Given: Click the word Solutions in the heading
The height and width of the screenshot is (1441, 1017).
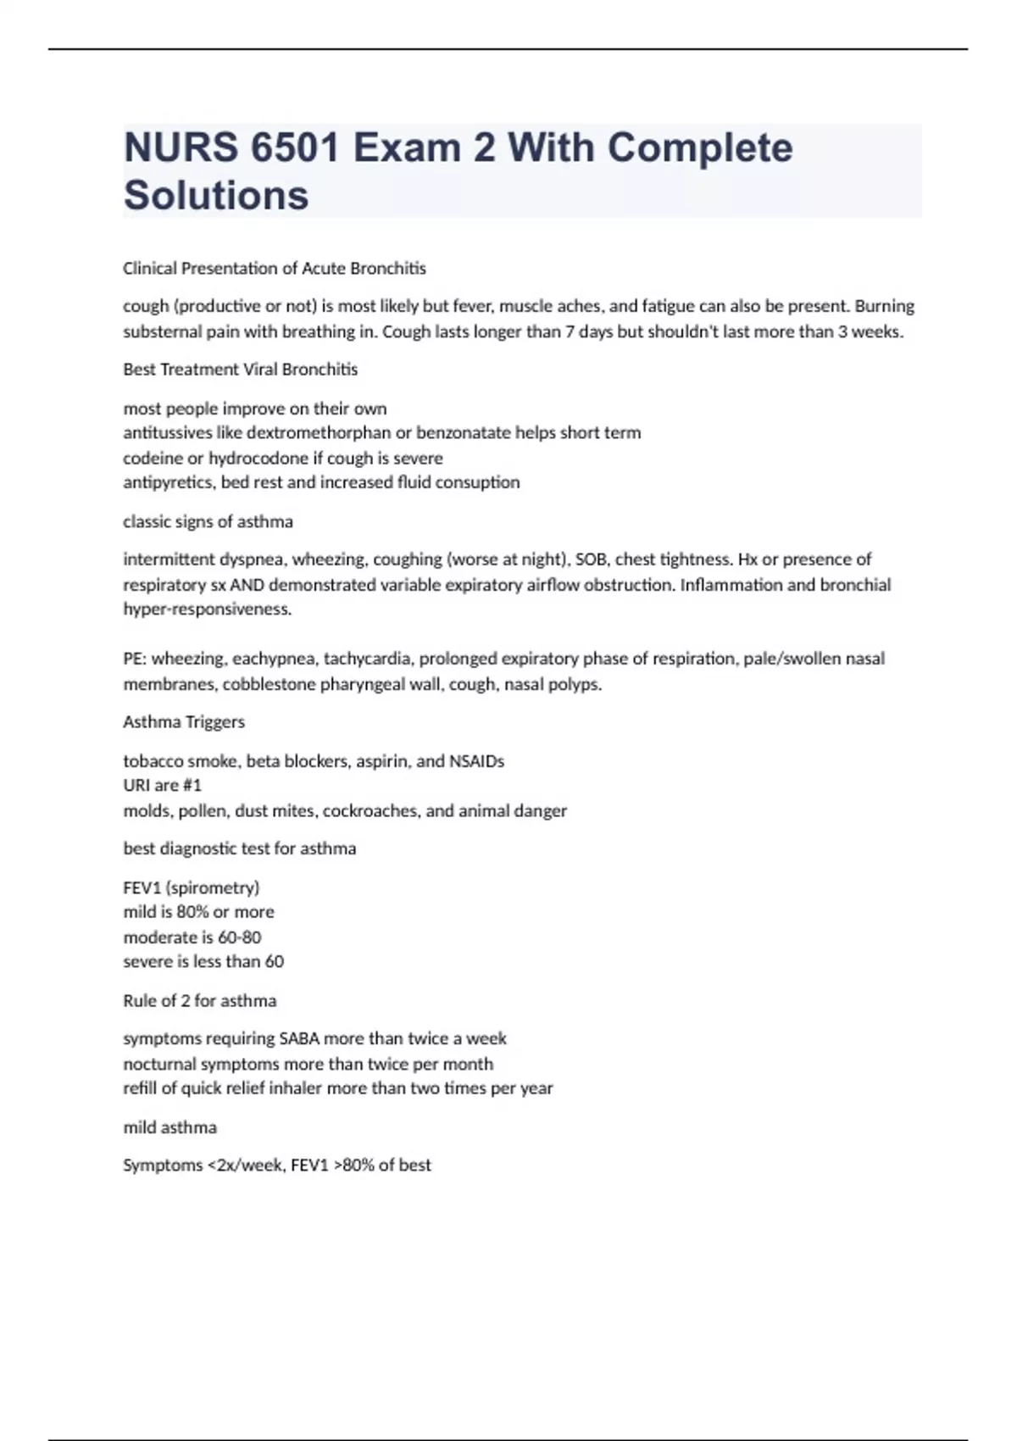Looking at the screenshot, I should [x=216, y=195].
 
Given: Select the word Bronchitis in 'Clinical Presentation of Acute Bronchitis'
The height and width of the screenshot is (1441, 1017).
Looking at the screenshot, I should [x=388, y=269].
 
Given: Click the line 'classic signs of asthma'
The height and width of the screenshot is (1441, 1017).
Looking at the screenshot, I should [x=208, y=521].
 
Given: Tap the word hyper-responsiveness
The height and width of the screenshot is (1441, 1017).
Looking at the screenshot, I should [x=207, y=609].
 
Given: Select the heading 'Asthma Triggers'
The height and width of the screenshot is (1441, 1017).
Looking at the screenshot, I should [x=184, y=722].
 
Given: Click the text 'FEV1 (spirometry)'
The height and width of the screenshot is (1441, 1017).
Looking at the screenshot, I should [x=192, y=887].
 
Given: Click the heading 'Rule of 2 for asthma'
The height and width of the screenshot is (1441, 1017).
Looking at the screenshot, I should [x=200, y=1001].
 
